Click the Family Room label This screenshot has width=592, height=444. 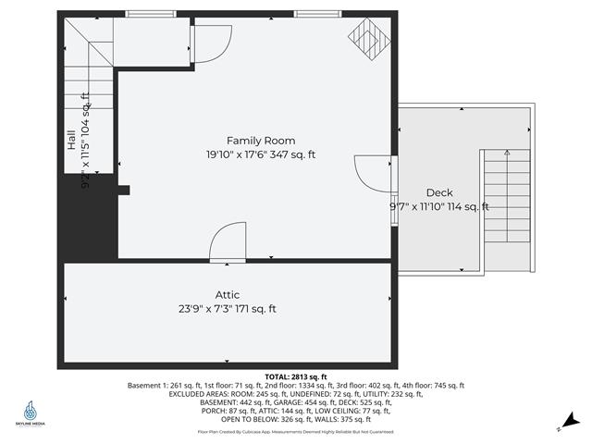pyautogui.click(x=261, y=141)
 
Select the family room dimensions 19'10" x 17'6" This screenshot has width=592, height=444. pyautogui.click(x=261, y=155)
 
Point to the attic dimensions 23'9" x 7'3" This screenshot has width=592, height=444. pyautogui.click(x=228, y=309)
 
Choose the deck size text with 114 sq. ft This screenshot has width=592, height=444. pyautogui.click(x=439, y=207)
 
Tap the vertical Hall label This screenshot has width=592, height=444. pyautogui.click(x=71, y=141)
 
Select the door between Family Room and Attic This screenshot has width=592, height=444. pyautogui.click(x=228, y=244)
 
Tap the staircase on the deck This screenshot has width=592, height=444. pyautogui.click(x=506, y=208)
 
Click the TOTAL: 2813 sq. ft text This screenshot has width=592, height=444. pyautogui.click(x=295, y=377)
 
